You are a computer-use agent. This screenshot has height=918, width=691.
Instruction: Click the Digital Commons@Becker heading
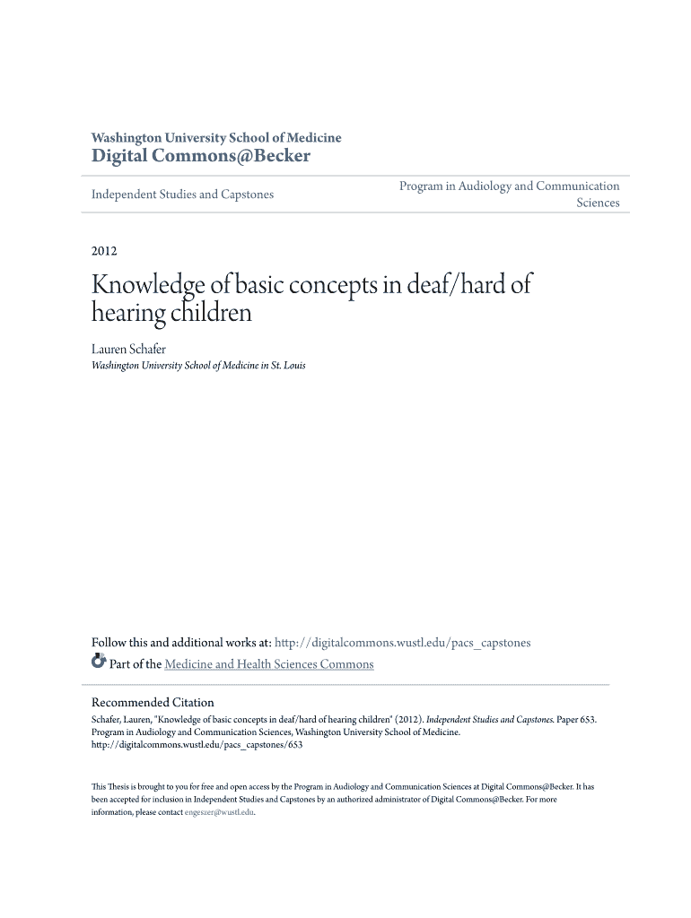click(201, 157)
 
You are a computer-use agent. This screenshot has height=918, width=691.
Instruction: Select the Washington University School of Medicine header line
click(216, 138)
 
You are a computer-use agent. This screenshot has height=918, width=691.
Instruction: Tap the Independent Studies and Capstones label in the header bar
click(183, 195)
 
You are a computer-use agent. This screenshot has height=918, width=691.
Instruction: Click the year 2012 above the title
click(104, 251)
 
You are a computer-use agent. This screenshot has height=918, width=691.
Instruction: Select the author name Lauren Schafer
click(129, 349)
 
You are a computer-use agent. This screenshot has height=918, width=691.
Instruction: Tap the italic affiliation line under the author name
click(198, 366)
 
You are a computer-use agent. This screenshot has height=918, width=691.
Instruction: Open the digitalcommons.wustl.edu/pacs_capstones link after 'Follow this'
click(402, 643)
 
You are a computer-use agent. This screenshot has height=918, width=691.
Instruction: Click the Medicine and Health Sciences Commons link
click(268, 664)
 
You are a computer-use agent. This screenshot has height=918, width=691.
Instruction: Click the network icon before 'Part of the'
click(99, 663)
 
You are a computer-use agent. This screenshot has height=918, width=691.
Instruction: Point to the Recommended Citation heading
click(153, 703)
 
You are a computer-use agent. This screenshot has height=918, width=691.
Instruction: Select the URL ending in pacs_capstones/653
click(197, 744)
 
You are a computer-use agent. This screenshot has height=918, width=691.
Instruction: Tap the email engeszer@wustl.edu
click(219, 812)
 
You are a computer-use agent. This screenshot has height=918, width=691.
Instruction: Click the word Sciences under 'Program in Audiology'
click(598, 204)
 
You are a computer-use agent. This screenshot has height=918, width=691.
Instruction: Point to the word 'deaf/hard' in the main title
click(440, 286)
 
